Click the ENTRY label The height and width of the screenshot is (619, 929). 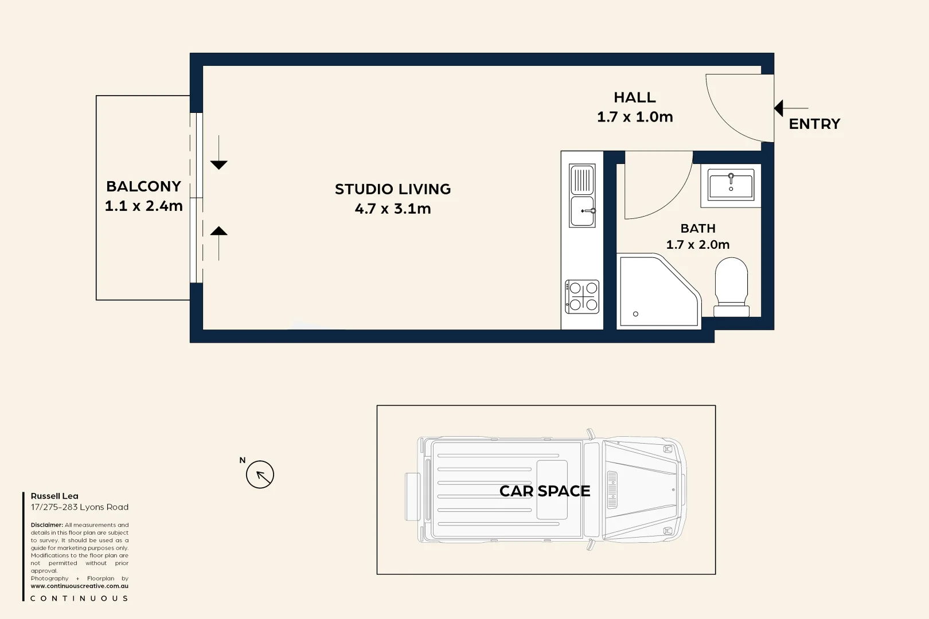[814, 124]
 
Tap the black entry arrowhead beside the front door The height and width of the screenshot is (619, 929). [779, 108]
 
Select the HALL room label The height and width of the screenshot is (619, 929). [634, 97]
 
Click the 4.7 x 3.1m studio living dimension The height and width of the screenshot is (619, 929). [393, 209]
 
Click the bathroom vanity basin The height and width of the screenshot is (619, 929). [731, 185]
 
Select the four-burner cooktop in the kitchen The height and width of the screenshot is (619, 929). [582, 296]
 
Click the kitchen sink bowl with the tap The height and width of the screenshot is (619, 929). [582, 211]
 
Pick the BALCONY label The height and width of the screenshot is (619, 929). [143, 186]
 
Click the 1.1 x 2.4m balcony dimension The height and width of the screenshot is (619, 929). [143, 206]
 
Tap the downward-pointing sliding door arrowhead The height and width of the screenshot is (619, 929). [218, 165]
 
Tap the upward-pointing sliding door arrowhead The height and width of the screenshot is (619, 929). [218, 231]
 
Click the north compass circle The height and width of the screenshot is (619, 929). [260, 475]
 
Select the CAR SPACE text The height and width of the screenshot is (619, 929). [545, 491]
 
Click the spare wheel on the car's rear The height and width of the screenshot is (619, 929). [412, 496]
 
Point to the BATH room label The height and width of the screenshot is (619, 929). [698, 228]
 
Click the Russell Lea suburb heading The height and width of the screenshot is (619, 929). [54, 496]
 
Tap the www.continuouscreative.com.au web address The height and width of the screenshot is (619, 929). [80, 586]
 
